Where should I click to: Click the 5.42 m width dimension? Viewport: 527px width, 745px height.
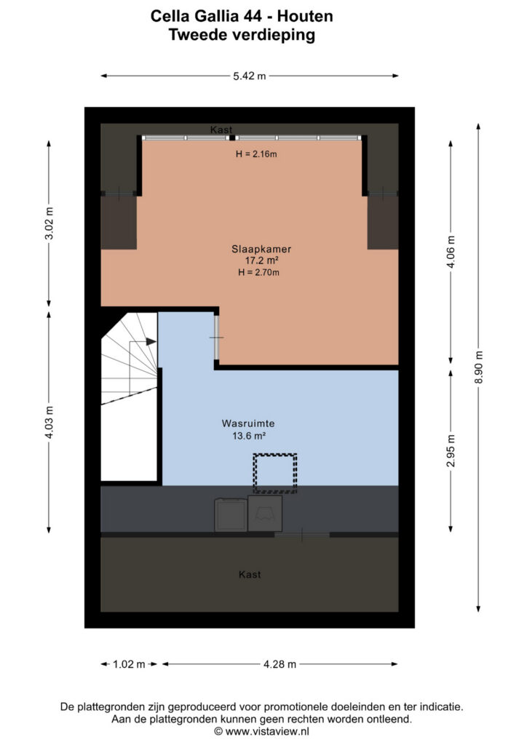(250, 76)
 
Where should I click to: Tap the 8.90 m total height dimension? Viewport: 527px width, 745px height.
(478, 367)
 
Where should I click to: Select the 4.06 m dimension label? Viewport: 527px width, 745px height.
(451, 252)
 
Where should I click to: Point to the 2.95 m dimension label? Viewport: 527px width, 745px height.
(451, 450)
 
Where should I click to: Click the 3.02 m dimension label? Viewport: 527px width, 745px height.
(49, 223)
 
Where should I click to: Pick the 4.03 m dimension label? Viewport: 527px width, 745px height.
(49, 423)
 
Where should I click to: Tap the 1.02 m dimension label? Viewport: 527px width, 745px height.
(129, 664)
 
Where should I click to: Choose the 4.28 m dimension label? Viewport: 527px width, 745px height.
(280, 664)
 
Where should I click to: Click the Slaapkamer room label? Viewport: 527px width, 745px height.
(261, 249)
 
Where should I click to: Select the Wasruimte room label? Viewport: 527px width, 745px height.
(248, 423)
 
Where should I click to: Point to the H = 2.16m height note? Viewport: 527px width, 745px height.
(257, 154)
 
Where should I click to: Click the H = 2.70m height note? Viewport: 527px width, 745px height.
(258, 272)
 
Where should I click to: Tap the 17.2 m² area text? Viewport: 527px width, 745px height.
(261, 260)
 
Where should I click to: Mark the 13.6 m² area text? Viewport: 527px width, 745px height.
(248, 435)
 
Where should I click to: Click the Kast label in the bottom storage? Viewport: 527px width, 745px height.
(250, 575)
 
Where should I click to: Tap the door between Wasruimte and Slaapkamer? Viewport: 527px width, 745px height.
(216, 338)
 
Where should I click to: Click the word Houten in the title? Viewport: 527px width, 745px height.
(305, 16)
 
